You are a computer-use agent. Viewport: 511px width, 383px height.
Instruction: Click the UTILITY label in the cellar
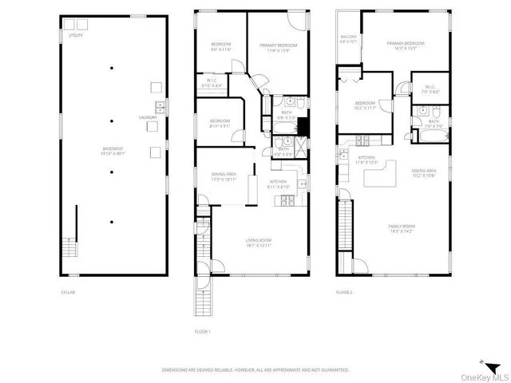pyautogui.click(x=75, y=36)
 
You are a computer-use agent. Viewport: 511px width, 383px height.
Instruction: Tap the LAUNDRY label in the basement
pyautogui.click(x=149, y=117)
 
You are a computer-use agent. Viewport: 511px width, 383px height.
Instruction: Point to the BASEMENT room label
pyautogui.click(x=112, y=152)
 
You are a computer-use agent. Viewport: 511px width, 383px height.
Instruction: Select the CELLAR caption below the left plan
pyautogui.click(x=69, y=293)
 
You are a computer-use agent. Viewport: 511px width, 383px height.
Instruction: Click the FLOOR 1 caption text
pyautogui.click(x=203, y=331)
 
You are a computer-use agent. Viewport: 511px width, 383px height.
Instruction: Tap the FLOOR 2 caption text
pyautogui.click(x=343, y=293)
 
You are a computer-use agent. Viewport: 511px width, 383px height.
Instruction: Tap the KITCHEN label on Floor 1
pyautogui.click(x=278, y=183)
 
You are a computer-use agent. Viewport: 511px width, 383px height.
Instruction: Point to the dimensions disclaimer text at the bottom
pyautogui.click(x=255, y=369)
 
